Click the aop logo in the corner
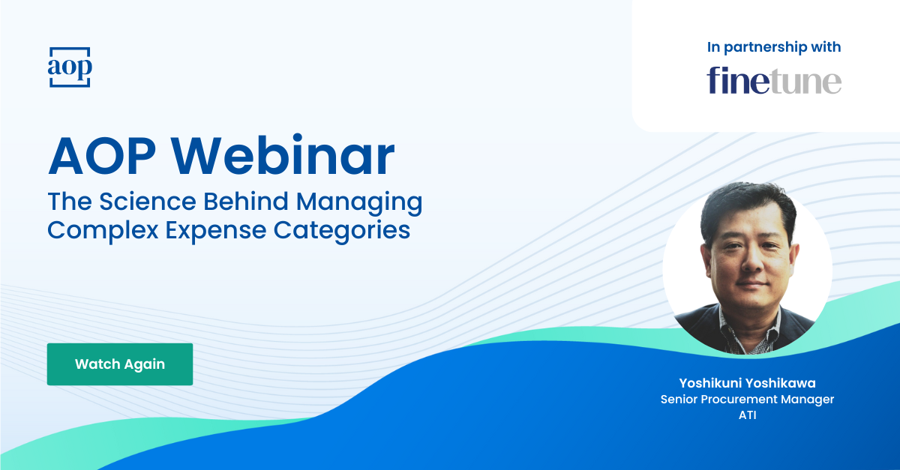pos(69,67)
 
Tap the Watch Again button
pos(120,364)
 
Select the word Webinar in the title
pos(287,157)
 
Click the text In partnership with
pos(774,47)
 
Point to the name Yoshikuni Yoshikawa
pos(747,384)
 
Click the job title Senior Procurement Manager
pos(747,400)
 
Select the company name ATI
pos(747,415)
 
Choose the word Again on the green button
pos(145,364)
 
